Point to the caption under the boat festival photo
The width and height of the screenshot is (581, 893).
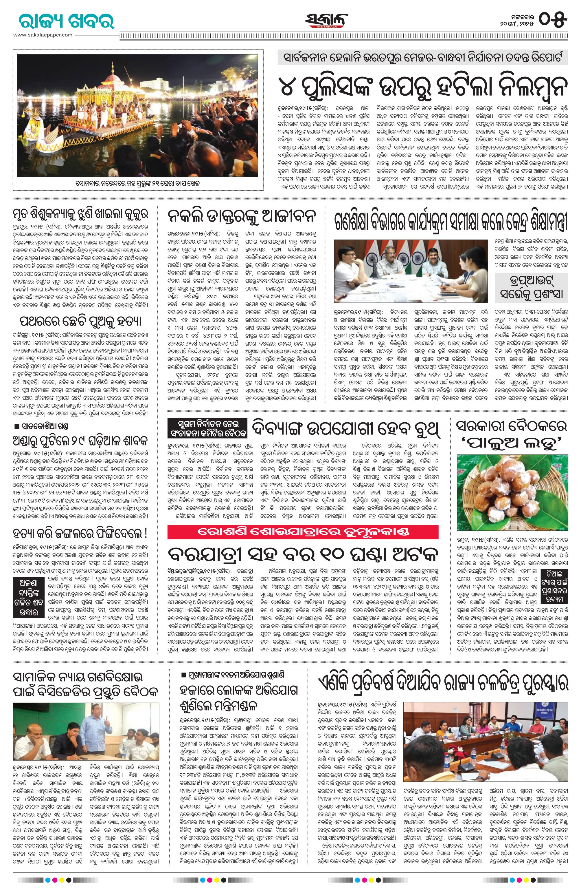137,184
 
